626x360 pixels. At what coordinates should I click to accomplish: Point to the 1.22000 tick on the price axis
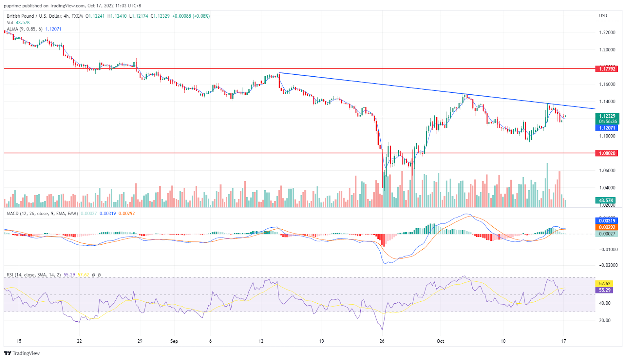click(x=607, y=32)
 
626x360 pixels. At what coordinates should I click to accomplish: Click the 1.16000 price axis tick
click(x=607, y=84)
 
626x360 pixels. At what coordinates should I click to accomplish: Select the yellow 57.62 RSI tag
click(x=604, y=284)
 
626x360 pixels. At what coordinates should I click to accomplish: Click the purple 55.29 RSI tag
click(x=604, y=290)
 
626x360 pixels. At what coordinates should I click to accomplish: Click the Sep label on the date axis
click(x=174, y=341)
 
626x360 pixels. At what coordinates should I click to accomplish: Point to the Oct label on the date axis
click(x=441, y=341)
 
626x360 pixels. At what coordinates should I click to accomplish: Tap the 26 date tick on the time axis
click(x=382, y=341)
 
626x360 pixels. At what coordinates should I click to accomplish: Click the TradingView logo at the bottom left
click(x=22, y=353)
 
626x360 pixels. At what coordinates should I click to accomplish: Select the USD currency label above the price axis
click(x=603, y=16)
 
